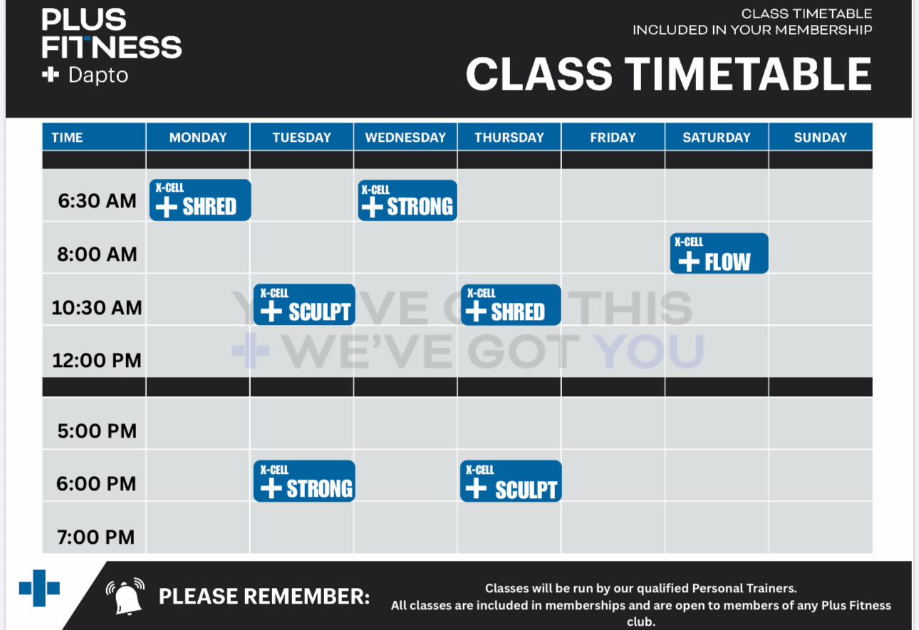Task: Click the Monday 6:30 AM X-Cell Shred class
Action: point(199,200)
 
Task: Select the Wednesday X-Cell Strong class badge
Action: point(407,200)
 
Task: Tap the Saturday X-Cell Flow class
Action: point(719,253)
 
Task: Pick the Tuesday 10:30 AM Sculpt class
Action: point(304,304)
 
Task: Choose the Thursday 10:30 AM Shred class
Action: point(511,304)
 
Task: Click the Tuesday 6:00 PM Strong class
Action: point(304,480)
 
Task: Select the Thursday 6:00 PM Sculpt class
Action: point(511,480)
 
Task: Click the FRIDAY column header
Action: point(613,137)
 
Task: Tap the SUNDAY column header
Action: point(820,137)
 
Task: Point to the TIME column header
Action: point(67,137)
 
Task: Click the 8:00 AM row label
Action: point(97,254)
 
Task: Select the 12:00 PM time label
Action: point(97,361)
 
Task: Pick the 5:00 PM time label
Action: point(97,431)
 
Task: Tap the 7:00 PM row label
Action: point(96,537)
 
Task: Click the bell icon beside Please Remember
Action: point(125,597)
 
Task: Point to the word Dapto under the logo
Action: point(98,76)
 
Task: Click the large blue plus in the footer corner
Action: point(39,588)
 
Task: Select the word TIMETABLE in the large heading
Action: point(748,74)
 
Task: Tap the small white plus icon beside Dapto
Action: point(51,75)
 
